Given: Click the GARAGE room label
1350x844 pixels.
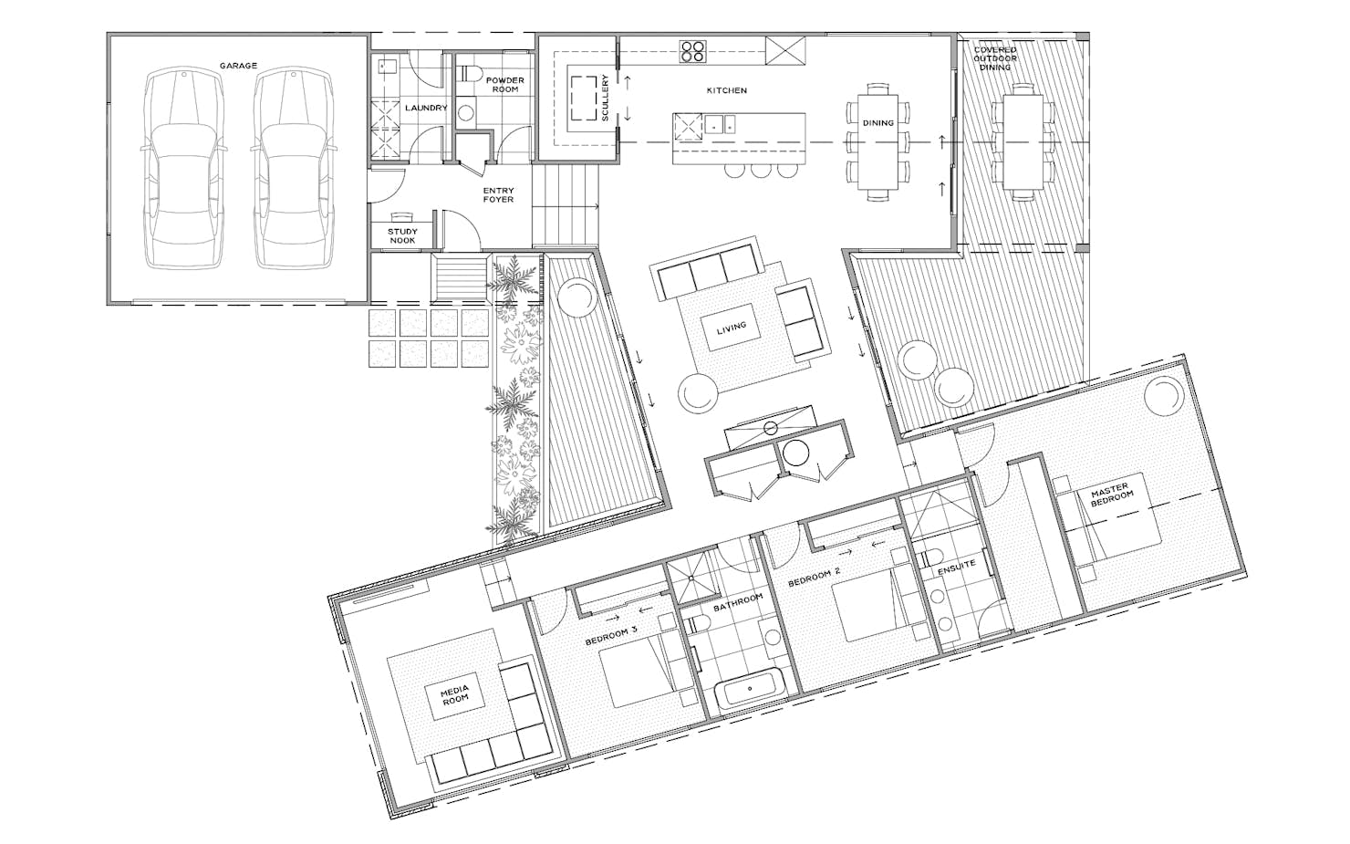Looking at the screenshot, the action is tap(238, 65).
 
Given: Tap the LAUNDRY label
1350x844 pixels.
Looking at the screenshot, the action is tap(426, 108).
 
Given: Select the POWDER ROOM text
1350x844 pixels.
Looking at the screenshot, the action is tap(505, 84).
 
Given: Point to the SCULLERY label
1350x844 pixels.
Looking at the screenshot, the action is tap(606, 98).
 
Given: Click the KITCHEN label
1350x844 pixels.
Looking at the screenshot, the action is tap(727, 90).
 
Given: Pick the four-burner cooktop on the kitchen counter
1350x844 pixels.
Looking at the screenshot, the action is tap(692, 51).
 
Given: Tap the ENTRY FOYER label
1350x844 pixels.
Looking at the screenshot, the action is tap(498, 194).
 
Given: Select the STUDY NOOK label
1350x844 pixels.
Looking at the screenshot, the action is tap(402, 235).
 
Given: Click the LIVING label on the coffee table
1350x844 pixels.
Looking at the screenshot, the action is tap(731, 328).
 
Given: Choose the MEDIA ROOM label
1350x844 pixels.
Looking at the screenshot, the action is tap(455, 693).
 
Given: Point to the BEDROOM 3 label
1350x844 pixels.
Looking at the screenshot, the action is tap(611, 635).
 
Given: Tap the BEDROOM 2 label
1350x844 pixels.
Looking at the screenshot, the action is tap(815, 578).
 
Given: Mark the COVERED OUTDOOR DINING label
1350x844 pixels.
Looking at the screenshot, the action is tap(995, 58).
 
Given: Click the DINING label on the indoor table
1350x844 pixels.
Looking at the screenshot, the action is tap(878, 123).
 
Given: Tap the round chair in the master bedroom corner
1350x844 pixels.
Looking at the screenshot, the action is tap(1164, 394).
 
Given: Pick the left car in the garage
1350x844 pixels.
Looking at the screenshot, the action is tap(183, 169).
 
